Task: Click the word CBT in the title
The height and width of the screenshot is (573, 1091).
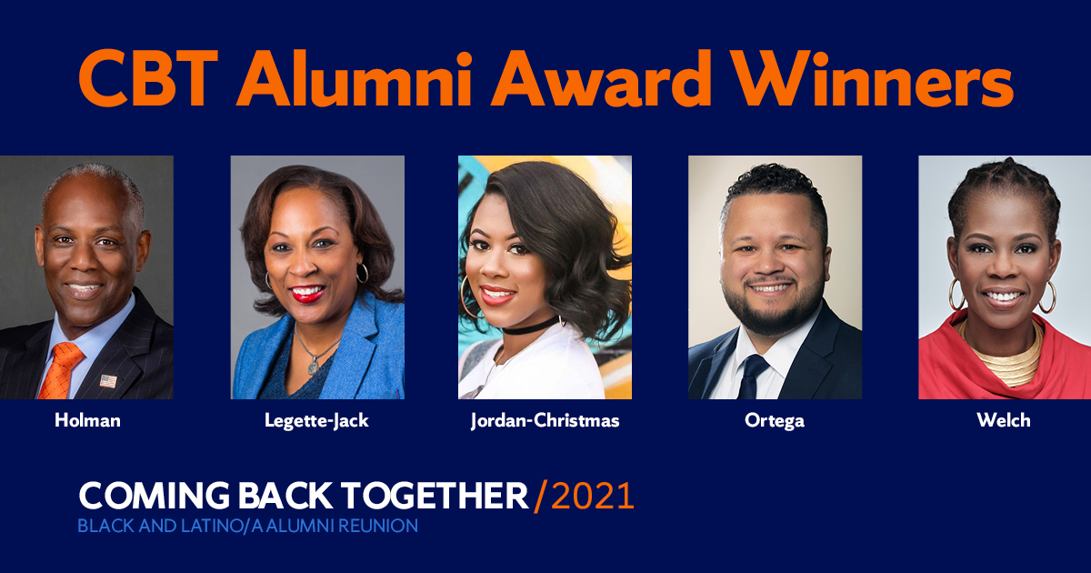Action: pyautogui.click(x=148, y=78)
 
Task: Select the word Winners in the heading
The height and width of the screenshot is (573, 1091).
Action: pyautogui.click(x=875, y=78)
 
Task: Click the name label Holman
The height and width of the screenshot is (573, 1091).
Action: pyautogui.click(x=87, y=420)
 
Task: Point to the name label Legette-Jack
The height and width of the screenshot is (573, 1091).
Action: pyautogui.click(x=316, y=421)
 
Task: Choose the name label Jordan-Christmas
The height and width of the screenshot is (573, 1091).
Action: pyautogui.click(x=545, y=421)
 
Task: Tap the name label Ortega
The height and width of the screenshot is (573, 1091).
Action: pyautogui.click(x=775, y=421)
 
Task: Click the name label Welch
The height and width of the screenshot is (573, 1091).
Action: pyautogui.click(x=1004, y=420)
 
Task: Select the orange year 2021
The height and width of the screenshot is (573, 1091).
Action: pyautogui.click(x=592, y=496)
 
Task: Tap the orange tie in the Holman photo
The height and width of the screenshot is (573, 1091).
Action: pyautogui.click(x=60, y=369)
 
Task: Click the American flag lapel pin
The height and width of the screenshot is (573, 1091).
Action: pyautogui.click(x=108, y=380)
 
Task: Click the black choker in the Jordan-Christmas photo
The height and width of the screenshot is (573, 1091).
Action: pyautogui.click(x=530, y=326)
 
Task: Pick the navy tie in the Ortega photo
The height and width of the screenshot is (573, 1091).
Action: pyautogui.click(x=752, y=375)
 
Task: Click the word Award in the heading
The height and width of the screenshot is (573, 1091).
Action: pyautogui.click(x=601, y=78)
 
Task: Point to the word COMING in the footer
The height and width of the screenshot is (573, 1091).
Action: pyautogui.click(x=154, y=496)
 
